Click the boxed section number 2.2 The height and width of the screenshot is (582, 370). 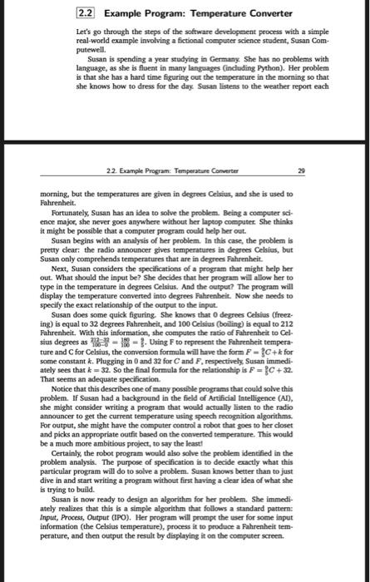(86, 14)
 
